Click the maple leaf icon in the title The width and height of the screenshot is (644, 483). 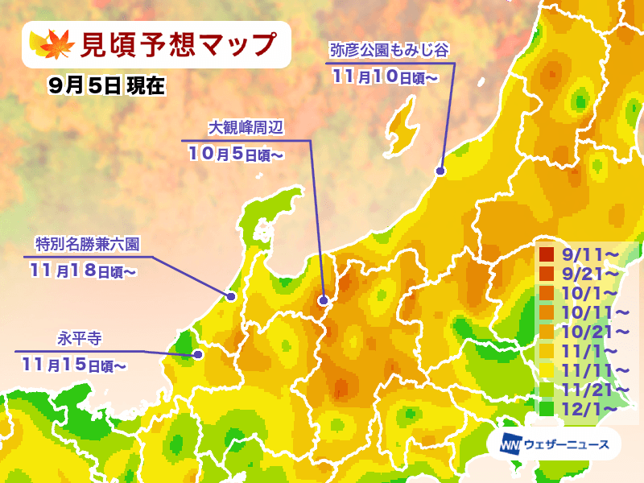click(47, 43)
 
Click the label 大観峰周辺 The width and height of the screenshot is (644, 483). click(246, 127)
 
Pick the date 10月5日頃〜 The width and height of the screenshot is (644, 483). click(236, 153)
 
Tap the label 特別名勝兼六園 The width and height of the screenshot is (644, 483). click(89, 243)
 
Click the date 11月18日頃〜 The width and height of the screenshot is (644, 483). click(84, 270)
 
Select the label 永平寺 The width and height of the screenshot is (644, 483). click(78, 338)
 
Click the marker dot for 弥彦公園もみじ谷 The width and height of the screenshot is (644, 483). click(440, 171)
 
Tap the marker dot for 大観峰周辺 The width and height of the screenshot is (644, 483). click(323, 301)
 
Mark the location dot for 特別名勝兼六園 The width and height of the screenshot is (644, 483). click(231, 296)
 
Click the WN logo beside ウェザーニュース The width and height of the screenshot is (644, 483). click(510, 444)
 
